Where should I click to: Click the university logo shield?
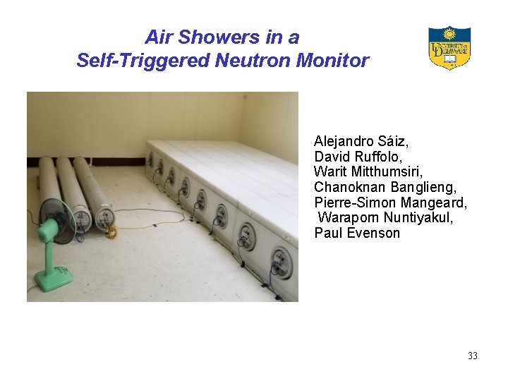(449, 48)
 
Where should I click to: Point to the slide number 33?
(472, 356)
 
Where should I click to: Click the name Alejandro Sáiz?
(361, 141)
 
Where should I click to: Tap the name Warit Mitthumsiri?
(368, 171)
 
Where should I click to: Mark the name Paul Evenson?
(357, 233)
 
